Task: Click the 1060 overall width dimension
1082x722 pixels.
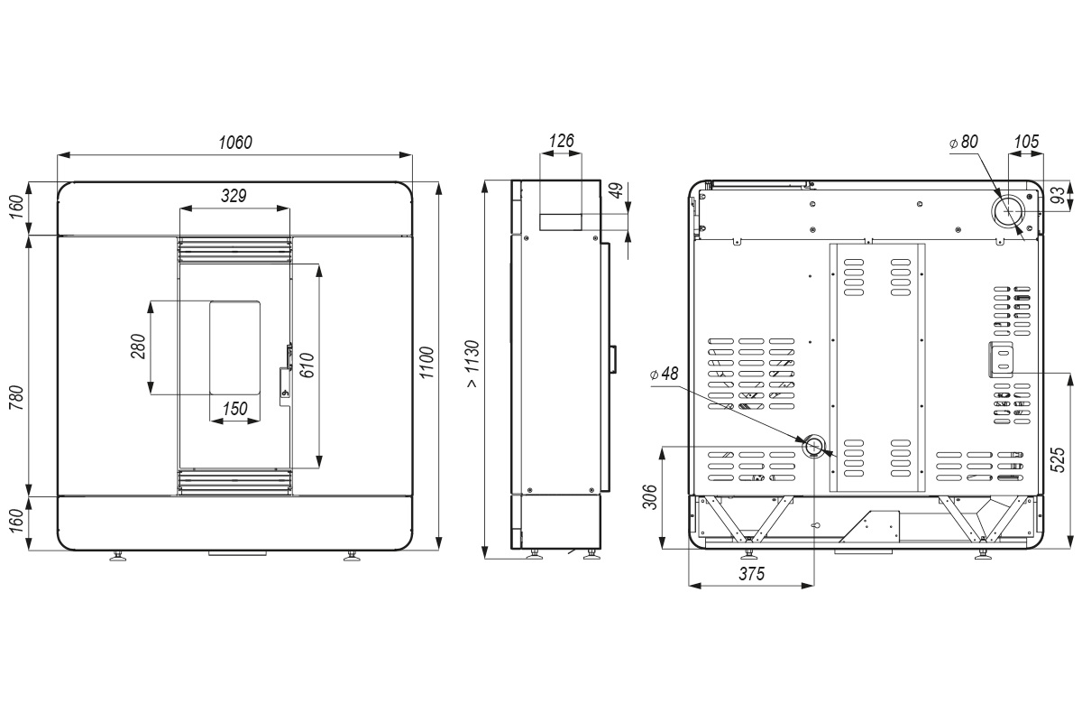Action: click(x=235, y=143)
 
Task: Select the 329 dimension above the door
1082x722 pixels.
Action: click(x=234, y=196)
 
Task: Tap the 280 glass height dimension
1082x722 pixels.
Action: click(x=138, y=347)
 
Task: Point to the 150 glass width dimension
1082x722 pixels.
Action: click(x=234, y=409)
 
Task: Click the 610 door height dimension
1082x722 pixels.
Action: click(x=307, y=366)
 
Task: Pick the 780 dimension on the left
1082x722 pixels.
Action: click(x=16, y=398)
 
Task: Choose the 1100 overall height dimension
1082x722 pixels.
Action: click(x=427, y=363)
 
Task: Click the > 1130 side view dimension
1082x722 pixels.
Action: click(x=472, y=364)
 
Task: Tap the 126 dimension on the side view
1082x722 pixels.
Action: click(x=561, y=141)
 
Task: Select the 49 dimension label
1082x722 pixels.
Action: click(x=617, y=190)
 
